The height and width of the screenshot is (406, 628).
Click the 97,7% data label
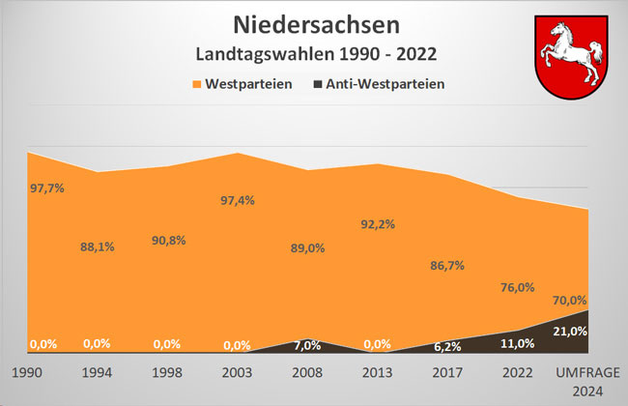coord(47,188)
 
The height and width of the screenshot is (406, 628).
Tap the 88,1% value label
coord(97,246)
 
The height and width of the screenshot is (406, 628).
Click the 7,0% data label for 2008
coord(306,345)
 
